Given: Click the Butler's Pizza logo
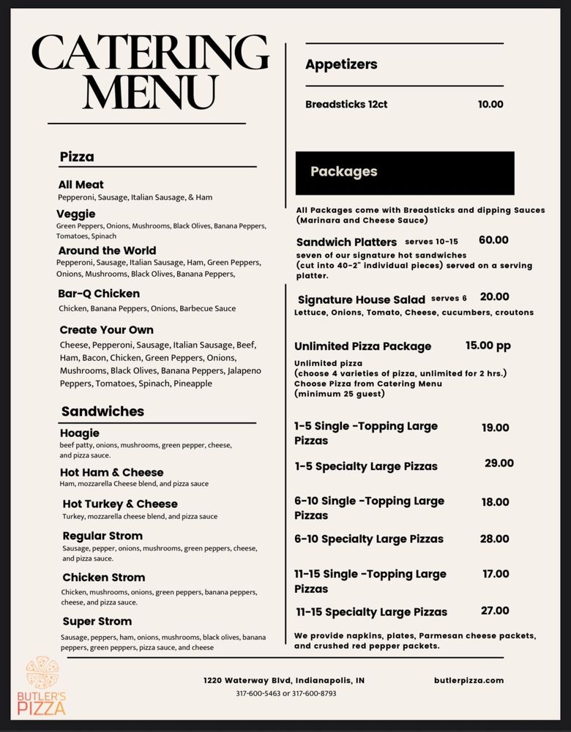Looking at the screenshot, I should (46, 686).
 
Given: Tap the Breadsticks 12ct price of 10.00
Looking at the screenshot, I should (490, 104).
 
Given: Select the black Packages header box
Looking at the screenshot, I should (405, 173).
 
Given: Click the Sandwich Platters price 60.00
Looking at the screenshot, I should (493, 240).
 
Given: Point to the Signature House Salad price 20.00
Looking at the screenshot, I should (495, 297).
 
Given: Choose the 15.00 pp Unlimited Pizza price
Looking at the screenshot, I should (488, 346).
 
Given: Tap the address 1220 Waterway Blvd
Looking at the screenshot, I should (283, 680).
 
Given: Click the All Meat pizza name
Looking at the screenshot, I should (81, 184).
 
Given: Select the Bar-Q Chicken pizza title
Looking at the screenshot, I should (99, 294).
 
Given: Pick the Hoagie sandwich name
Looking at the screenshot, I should (79, 433).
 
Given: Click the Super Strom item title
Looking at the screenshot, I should (97, 621).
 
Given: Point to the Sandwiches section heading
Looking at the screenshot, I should (102, 411).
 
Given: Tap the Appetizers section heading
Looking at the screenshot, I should (341, 64).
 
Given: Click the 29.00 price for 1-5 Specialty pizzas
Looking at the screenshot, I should (499, 463).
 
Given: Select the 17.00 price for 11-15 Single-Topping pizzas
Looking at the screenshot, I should (496, 574).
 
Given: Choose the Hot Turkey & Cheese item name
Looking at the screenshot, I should (120, 504).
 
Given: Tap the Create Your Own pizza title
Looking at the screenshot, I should (107, 329).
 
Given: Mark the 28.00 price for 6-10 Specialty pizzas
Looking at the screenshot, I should (495, 539).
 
